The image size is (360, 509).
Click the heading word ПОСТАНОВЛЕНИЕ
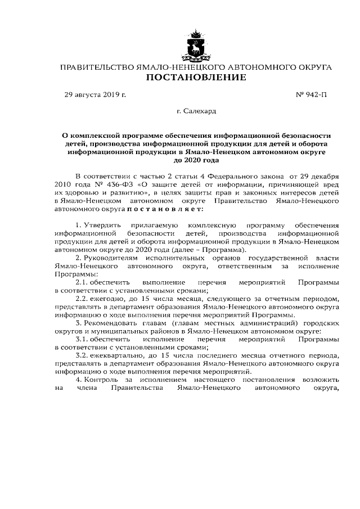tap(196, 77)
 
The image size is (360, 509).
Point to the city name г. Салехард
tap(196, 112)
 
